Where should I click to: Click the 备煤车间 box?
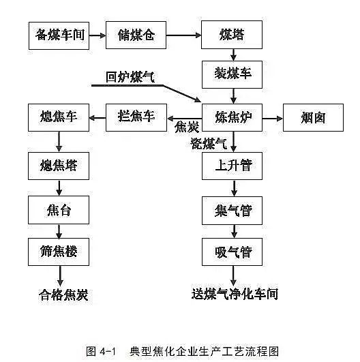59,35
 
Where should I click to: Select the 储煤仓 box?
136,35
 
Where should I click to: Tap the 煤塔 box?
232,35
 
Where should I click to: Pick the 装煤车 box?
232,73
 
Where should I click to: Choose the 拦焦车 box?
136,117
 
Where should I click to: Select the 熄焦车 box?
59,117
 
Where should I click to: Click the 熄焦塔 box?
59,164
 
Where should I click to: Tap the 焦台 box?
59,209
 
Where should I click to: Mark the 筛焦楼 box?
59,251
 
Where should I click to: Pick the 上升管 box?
232,166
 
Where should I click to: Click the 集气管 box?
232,210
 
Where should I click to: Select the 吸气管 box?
232,252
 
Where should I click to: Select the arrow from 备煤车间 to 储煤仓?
97,35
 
